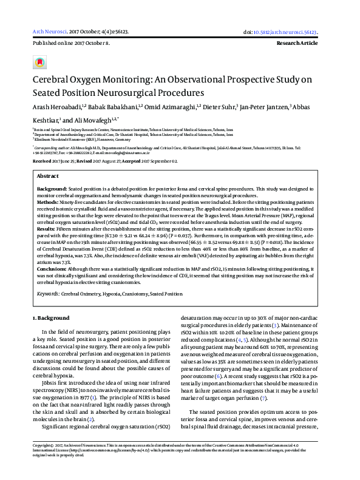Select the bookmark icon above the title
click(x=39, y=63)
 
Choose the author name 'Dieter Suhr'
click(x=219, y=107)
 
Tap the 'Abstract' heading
click(x=48, y=175)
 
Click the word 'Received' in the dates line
click(x=42, y=161)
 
